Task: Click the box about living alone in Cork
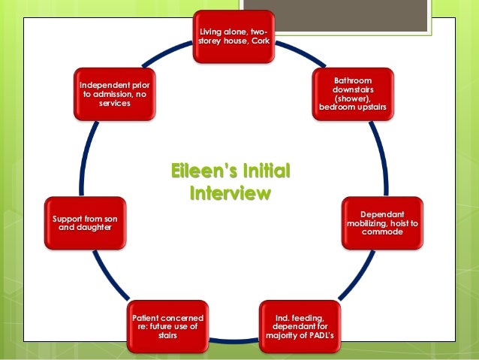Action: pyautogui.click(x=233, y=35)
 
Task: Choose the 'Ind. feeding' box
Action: pyautogui.click(x=300, y=327)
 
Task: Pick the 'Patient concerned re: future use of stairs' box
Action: pyautogui.click(x=168, y=327)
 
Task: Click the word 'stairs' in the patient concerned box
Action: pyautogui.click(x=168, y=336)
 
